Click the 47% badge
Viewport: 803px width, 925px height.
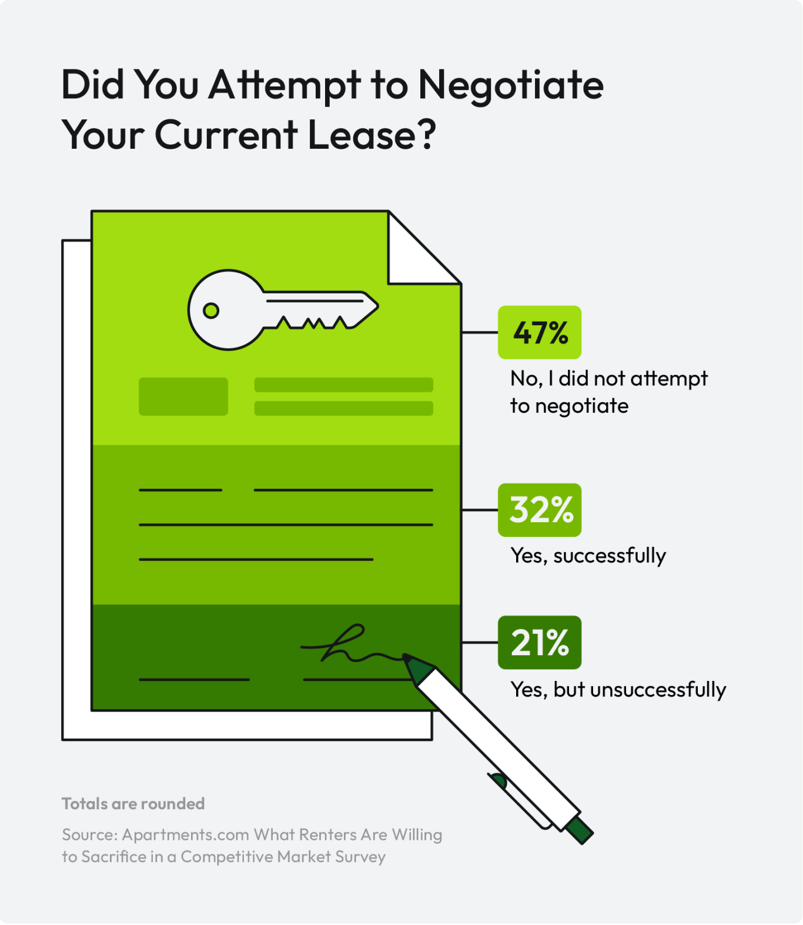click(x=539, y=332)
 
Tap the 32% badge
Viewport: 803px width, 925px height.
click(x=539, y=510)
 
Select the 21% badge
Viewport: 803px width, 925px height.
click(x=539, y=642)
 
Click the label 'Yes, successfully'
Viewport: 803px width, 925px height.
click(x=588, y=556)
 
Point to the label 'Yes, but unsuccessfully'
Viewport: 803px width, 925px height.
click(x=618, y=690)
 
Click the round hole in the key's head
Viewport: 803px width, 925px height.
click(x=211, y=310)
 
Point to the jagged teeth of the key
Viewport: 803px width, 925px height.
click(x=312, y=322)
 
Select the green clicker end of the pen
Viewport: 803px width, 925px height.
click(x=580, y=830)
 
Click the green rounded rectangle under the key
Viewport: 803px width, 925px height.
click(x=183, y=396)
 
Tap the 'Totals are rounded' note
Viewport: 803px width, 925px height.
click(x=133, y=804)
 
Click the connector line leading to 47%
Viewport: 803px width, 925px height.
click(x=480, y=332)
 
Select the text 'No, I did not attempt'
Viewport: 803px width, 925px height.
click(x=608, y=379)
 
